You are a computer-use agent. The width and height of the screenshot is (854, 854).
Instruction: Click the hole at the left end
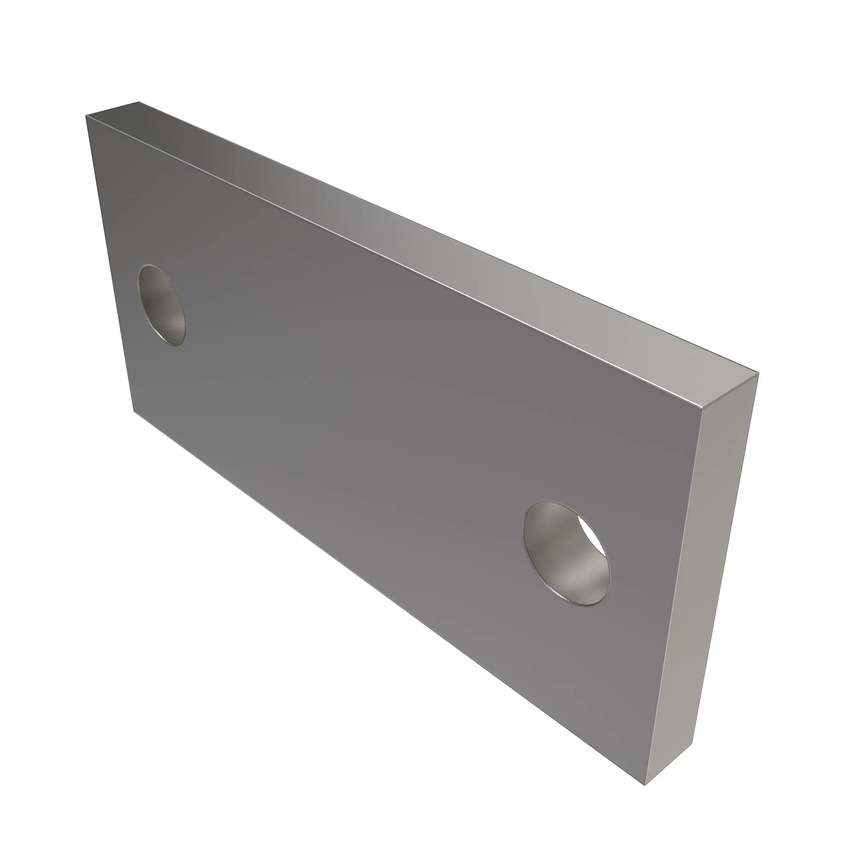pos(162,305)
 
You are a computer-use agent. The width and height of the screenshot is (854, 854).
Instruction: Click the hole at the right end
pos(566,553)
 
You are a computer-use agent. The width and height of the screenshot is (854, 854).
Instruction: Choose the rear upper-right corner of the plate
pos(759,374)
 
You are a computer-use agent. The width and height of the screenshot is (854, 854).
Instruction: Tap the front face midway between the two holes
pos(367,424)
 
